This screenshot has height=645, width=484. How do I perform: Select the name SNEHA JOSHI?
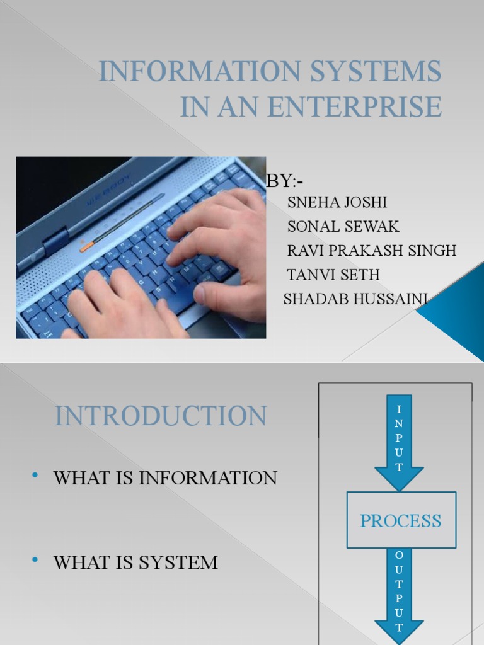tap(337, 203)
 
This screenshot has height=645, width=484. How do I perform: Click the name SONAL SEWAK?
tap(343, 226)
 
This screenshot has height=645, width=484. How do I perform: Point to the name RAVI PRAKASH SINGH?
tap(371, 250)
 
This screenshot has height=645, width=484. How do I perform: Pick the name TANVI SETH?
tap(333, 275)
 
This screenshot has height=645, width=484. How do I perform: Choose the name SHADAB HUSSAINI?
tap(355, 299)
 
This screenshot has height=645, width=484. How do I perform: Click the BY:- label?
tap(285, 181)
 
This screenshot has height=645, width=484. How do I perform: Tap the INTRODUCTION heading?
tap(161, 417)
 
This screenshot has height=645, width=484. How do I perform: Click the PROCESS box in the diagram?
tap(401, 520)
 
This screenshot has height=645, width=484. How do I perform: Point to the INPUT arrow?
tap(399, 441)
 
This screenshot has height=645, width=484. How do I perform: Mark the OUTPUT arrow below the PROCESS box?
tap(399, 592)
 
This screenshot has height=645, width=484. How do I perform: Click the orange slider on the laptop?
tap(87, 247)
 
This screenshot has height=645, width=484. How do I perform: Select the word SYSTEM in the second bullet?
tap(182, 562)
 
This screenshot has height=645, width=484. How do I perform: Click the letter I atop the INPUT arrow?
tap(399, 410)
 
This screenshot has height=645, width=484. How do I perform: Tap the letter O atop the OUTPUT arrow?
tap(399, 554)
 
